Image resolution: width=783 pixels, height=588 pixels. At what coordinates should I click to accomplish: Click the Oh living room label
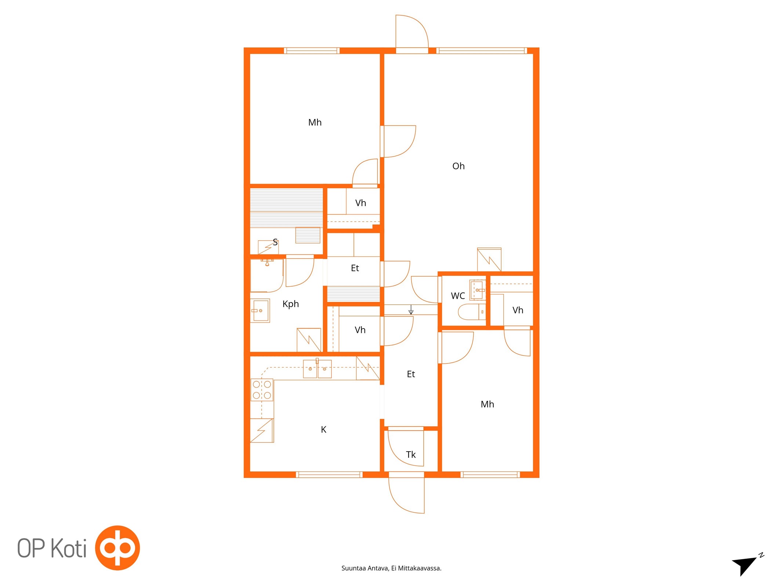click(458, 166)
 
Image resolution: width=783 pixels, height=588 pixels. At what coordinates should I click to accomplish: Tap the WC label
click(458, 296)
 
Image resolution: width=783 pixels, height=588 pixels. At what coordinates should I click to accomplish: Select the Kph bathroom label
click(290, 304)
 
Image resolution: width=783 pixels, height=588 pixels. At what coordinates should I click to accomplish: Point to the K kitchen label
click(323, 430)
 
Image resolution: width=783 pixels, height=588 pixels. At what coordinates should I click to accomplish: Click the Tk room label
click(411, 455)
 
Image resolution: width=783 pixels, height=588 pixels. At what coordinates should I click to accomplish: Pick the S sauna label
click(275, 242)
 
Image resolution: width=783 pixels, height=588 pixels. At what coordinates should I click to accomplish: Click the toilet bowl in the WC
click(472, 312)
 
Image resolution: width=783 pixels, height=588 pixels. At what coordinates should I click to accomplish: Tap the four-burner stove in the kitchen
click(262, 390)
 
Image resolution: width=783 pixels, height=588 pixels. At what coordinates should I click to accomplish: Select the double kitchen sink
click(317, 369)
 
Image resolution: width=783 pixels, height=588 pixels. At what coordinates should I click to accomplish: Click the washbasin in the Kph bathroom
click(260, 311)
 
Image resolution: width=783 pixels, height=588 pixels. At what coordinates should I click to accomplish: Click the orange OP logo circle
click(117, 548)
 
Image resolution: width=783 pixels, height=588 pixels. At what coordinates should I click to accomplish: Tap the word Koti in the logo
click(68, 548)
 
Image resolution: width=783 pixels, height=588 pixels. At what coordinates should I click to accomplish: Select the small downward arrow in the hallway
click(411, 309)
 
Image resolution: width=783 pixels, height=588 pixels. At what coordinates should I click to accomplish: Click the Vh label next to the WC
click(518, 310)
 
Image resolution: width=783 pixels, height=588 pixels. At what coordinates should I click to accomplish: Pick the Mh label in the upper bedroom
click(315, 122)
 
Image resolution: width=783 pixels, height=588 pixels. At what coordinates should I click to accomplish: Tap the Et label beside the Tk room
click(411, 374)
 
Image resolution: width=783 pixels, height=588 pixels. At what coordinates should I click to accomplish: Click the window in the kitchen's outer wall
click(329, 475)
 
